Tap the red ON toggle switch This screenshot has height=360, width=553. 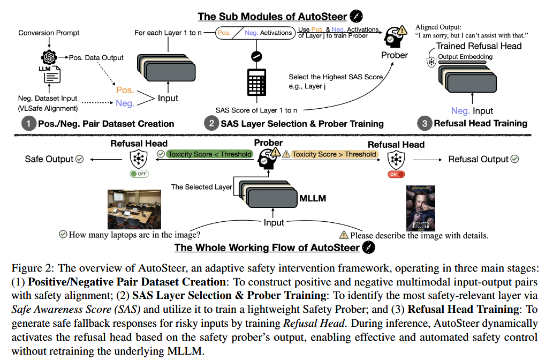(x=396, y=174)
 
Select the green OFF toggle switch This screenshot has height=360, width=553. (x=139, y=174)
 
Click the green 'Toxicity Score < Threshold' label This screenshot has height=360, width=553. (x=209, y=154)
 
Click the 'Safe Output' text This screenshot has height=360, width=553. (x=49, y=159)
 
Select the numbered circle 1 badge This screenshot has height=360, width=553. (x=27, y=123)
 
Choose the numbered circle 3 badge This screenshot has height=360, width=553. (x=425, y=123)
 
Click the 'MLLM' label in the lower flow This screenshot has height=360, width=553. (x=313, y=199)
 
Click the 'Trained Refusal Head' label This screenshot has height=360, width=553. (x=479, y=46)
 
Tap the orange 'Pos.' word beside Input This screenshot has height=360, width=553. (x=125, y=90)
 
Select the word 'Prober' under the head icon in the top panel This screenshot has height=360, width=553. (x=395, y=55)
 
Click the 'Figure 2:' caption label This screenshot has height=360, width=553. (x=28, y=268)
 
